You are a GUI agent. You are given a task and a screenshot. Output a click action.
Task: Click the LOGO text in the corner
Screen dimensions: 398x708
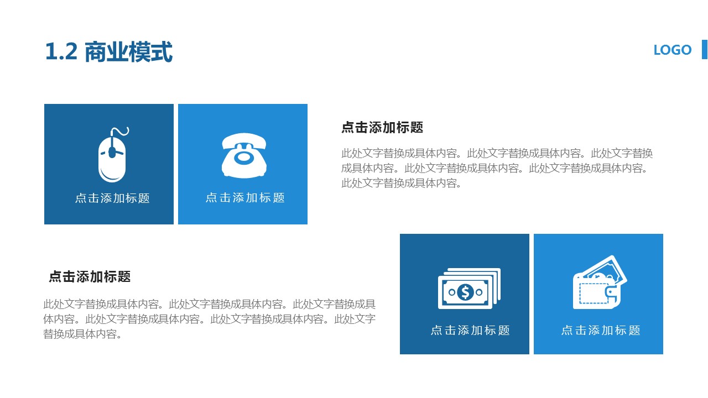(x=672, y=50)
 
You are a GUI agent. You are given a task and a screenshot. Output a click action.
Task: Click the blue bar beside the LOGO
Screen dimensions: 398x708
(x=705, y=49)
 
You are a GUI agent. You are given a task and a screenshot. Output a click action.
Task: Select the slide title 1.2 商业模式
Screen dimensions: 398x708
(x=108, y=53)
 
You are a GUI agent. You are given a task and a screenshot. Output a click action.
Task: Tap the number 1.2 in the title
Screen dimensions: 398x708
(x=61, y=53)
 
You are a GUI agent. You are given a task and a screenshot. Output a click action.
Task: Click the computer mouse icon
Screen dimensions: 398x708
(x=112, y=158)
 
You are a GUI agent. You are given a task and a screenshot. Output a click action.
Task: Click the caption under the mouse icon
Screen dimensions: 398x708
(x=112, y=198)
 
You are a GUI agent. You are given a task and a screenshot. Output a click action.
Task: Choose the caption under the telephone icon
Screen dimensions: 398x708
(x=245, y=197)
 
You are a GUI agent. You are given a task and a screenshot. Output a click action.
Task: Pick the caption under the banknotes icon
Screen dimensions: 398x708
(x=470, y=330)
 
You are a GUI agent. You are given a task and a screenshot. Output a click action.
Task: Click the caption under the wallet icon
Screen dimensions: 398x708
(x=601, y=330)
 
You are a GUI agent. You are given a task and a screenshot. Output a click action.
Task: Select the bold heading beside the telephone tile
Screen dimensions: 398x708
(x=382, y=128)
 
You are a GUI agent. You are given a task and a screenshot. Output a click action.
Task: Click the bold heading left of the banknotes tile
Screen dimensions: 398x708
(x=90, y=276)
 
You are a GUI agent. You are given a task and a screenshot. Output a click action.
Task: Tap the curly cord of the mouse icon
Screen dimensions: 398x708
(x=120, y=133)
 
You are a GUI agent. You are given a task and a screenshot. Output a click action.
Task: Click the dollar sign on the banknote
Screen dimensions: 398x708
(x=465, y=291)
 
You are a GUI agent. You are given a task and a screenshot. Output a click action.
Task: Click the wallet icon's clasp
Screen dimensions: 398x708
(x=611, y=293)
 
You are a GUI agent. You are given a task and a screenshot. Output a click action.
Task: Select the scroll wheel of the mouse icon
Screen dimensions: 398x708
(x=112, y=150)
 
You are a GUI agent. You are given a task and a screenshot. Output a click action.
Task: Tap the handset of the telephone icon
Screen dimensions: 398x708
(x=243, y=142)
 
